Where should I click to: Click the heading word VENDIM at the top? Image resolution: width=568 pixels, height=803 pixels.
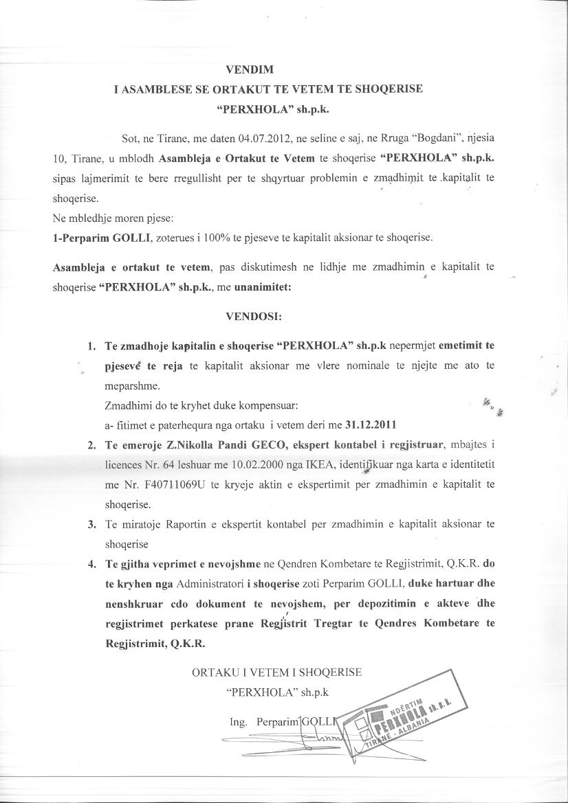[x=250, y=69]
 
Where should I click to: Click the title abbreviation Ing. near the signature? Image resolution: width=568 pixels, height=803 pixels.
[x=238, y=723]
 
